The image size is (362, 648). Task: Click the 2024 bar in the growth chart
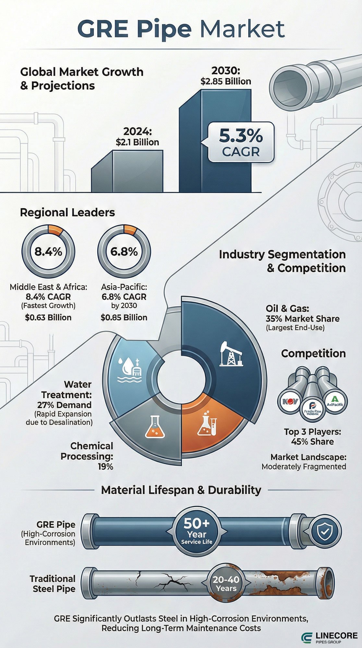tap(127, 172)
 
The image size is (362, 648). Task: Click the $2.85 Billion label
tap(226, 81)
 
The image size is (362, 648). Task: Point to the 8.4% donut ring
tap(48, 251)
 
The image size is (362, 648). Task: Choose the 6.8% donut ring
tap(124, 251)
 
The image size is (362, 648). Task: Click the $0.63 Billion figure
tap(48, 317)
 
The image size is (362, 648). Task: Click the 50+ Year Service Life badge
tap(197, 532)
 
